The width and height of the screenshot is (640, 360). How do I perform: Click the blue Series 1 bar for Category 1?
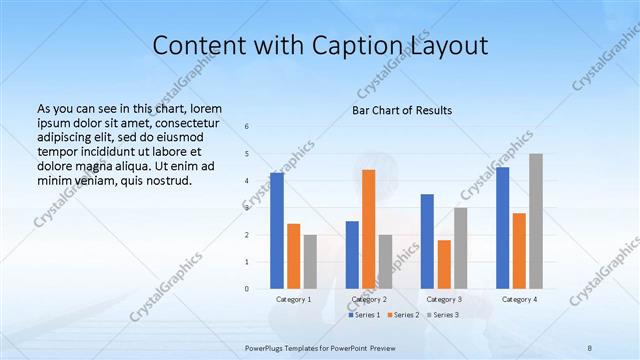pyautogui.click(x=277, y=231)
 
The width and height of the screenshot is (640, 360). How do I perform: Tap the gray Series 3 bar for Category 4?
pyautogui.click(x=536, y=221)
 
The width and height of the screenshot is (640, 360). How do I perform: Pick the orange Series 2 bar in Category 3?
pyautogui.click(x=444, y=264)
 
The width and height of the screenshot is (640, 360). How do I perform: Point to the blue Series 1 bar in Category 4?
pyautogui.click(x=502, y=228)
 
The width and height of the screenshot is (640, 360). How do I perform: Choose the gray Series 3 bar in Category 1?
pyautogui.click(x=310, y=262)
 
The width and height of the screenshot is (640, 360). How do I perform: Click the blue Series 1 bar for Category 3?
pyautogui.click(x=427, y=241)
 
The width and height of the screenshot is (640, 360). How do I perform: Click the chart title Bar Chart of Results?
pyautogui.click(x=402, y=110)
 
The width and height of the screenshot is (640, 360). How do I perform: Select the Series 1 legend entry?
pyautogui.click(x=364, y=315)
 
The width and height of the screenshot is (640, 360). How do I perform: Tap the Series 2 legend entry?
pyautogui.click(x=403, y=315)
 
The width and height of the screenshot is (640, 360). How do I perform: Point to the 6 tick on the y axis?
pyautogui.click(x=247, y=126)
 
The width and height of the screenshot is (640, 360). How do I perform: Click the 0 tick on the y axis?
pyautogui.click(x=247, y=289)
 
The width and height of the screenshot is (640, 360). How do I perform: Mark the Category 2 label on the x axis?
pyautogui.click(x=369, y=299)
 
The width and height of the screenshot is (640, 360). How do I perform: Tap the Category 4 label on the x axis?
pyautogui.click(x=519, y=299)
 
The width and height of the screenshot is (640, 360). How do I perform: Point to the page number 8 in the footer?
pyautogui.click(x=590, y=347)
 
